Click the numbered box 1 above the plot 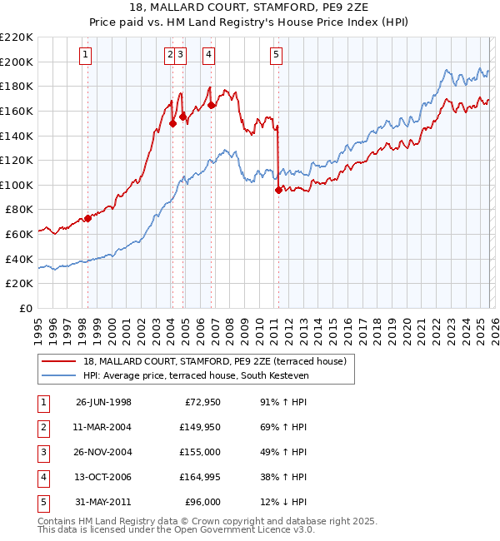point(87,55)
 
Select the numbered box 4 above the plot point(207,55)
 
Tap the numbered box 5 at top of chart point(276,55)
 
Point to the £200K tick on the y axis point(17,62)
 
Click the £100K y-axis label point(17,185)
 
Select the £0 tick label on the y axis point(25,309)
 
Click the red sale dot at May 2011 point(278,190)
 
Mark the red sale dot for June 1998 point(87,219)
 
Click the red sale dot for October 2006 point(211,105)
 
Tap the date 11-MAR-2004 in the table point(103,426)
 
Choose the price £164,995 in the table point(197,477)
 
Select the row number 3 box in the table point(42,452)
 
